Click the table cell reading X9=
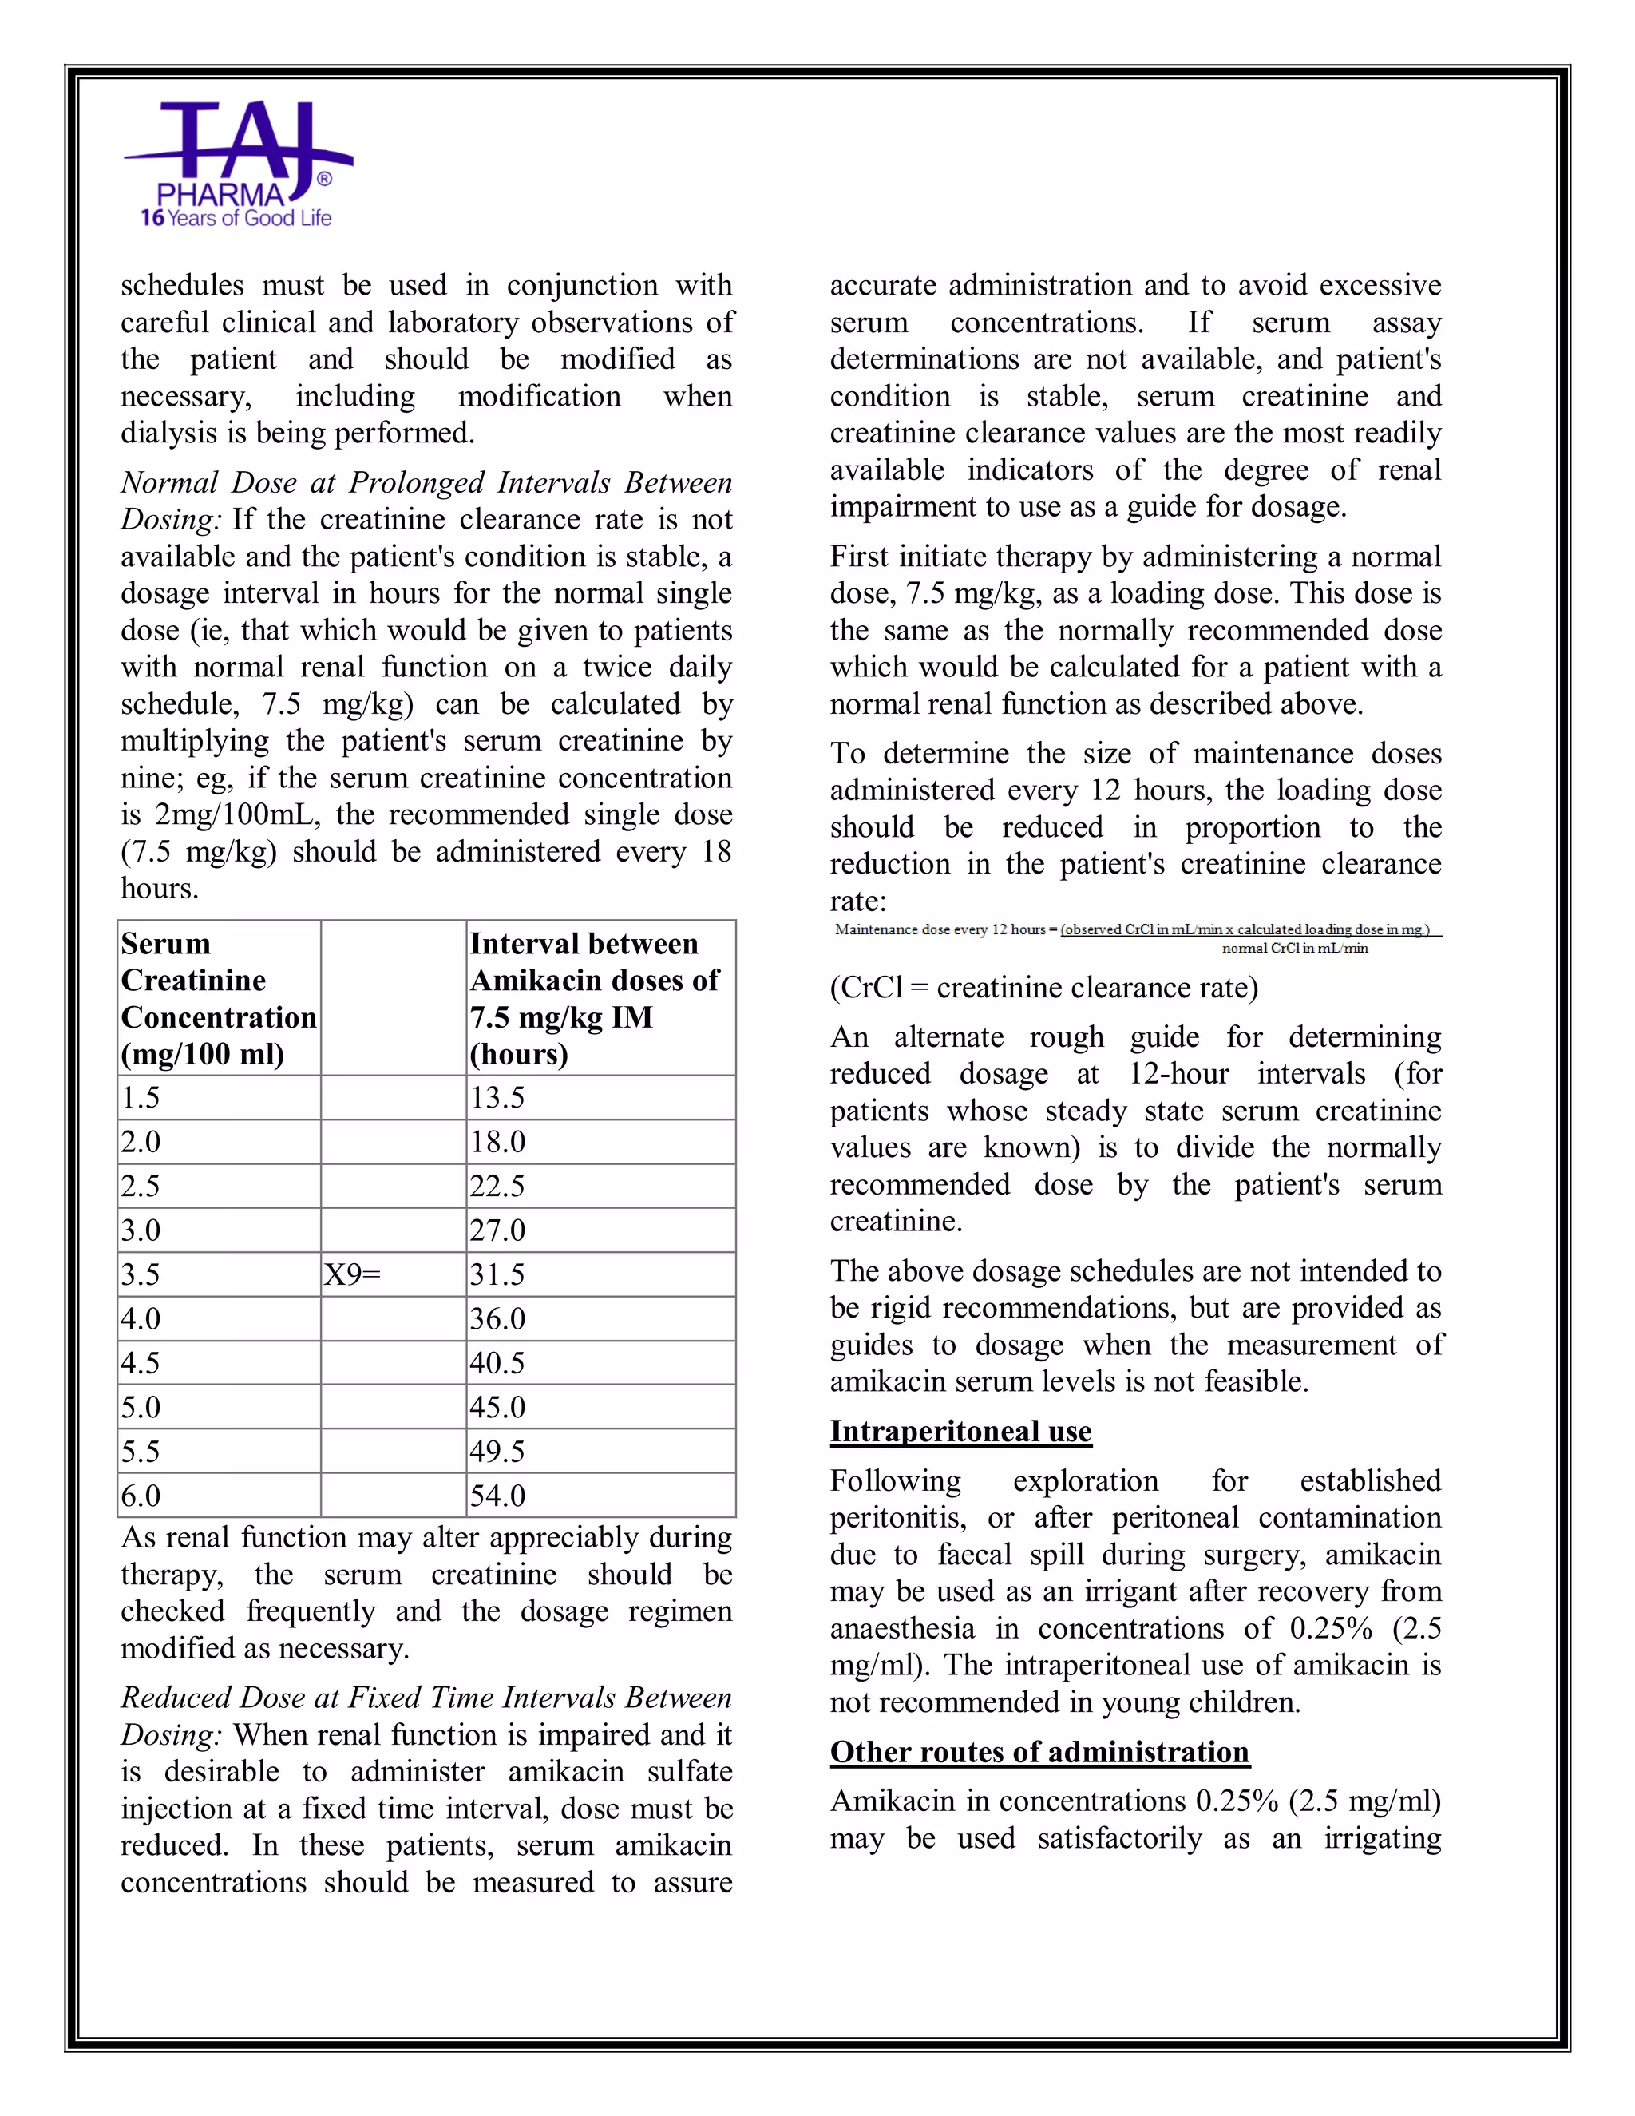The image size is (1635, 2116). [353, 1274]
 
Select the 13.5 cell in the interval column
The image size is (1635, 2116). [498, 1098]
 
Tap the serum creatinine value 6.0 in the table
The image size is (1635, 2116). [141, 1495]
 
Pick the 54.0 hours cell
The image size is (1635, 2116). [498, 1495]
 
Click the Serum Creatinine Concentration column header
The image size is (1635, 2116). [218, 998]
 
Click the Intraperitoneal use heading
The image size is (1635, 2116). [961, 1431]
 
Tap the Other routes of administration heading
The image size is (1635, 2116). [1039, 1752]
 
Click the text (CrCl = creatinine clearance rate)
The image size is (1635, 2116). [1044, 987]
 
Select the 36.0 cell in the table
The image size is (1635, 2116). [498, 1318]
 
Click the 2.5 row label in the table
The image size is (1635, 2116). [141, 1186]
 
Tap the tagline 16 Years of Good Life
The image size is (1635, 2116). [236, 219]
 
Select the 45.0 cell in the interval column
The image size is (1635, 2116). [498, 1407]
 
